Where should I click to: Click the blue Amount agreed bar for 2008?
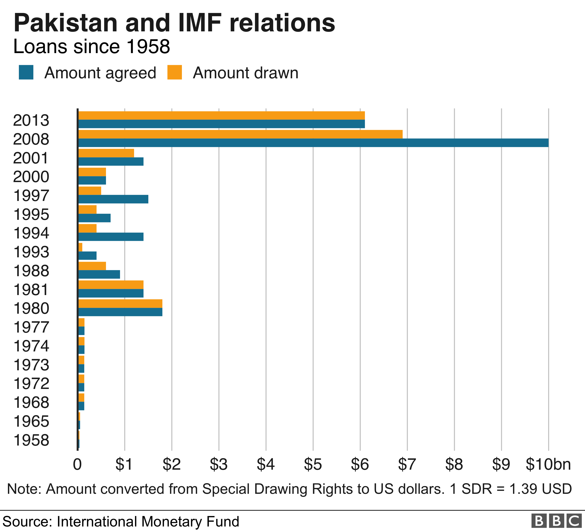coord(313,143)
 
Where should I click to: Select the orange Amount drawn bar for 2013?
coord(222,115)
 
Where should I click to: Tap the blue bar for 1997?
coord(113,199)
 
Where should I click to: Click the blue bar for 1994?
coord(111,237)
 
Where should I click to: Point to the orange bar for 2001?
coord(106,153)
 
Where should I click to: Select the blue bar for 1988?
coord(99,274)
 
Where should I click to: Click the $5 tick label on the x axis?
coord(313,464)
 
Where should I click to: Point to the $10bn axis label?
coord(548,464)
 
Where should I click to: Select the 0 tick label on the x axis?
coord(77,464)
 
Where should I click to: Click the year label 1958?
coord(31,440)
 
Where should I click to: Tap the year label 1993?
coord(31,252)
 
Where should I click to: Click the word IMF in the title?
coord(200,23)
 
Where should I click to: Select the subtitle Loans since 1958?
coord(92,47)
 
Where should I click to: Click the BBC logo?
coord(556,521)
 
